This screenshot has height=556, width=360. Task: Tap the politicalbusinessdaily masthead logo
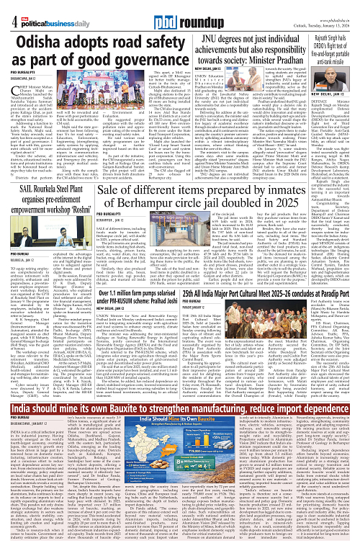pyautogui.click(x=43, y=8)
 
